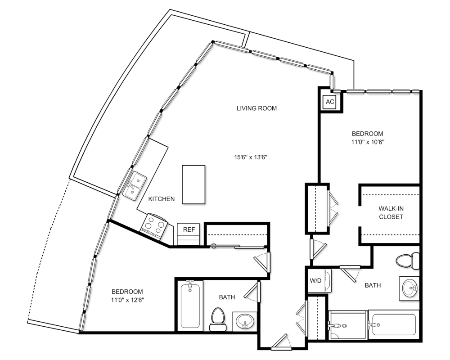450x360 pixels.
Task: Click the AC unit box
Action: coord(330,102)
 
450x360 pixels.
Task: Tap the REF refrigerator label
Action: coord(189,229)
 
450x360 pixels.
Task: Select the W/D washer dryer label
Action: coord(315,281)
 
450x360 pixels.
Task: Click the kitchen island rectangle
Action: coord(193,184)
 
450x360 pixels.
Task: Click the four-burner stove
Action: coord(154,226)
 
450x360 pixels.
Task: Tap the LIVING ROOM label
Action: coord(256,108)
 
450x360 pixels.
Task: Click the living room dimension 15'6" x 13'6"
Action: coord(251,157)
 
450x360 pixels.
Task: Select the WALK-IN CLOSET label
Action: coord(391,212)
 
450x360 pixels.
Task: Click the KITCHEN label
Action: coord(161,198)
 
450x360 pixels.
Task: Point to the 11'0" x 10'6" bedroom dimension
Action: coord(368,142)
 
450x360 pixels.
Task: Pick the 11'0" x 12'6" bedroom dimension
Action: coord(127,300)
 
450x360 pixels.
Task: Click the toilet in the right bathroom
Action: coord(408,261)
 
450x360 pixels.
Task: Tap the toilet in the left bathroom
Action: coord(217,319)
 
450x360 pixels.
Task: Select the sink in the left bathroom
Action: coord(245,321)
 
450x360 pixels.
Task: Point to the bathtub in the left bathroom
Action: coord(190,306)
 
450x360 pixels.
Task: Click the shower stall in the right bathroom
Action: coord(348,325)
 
